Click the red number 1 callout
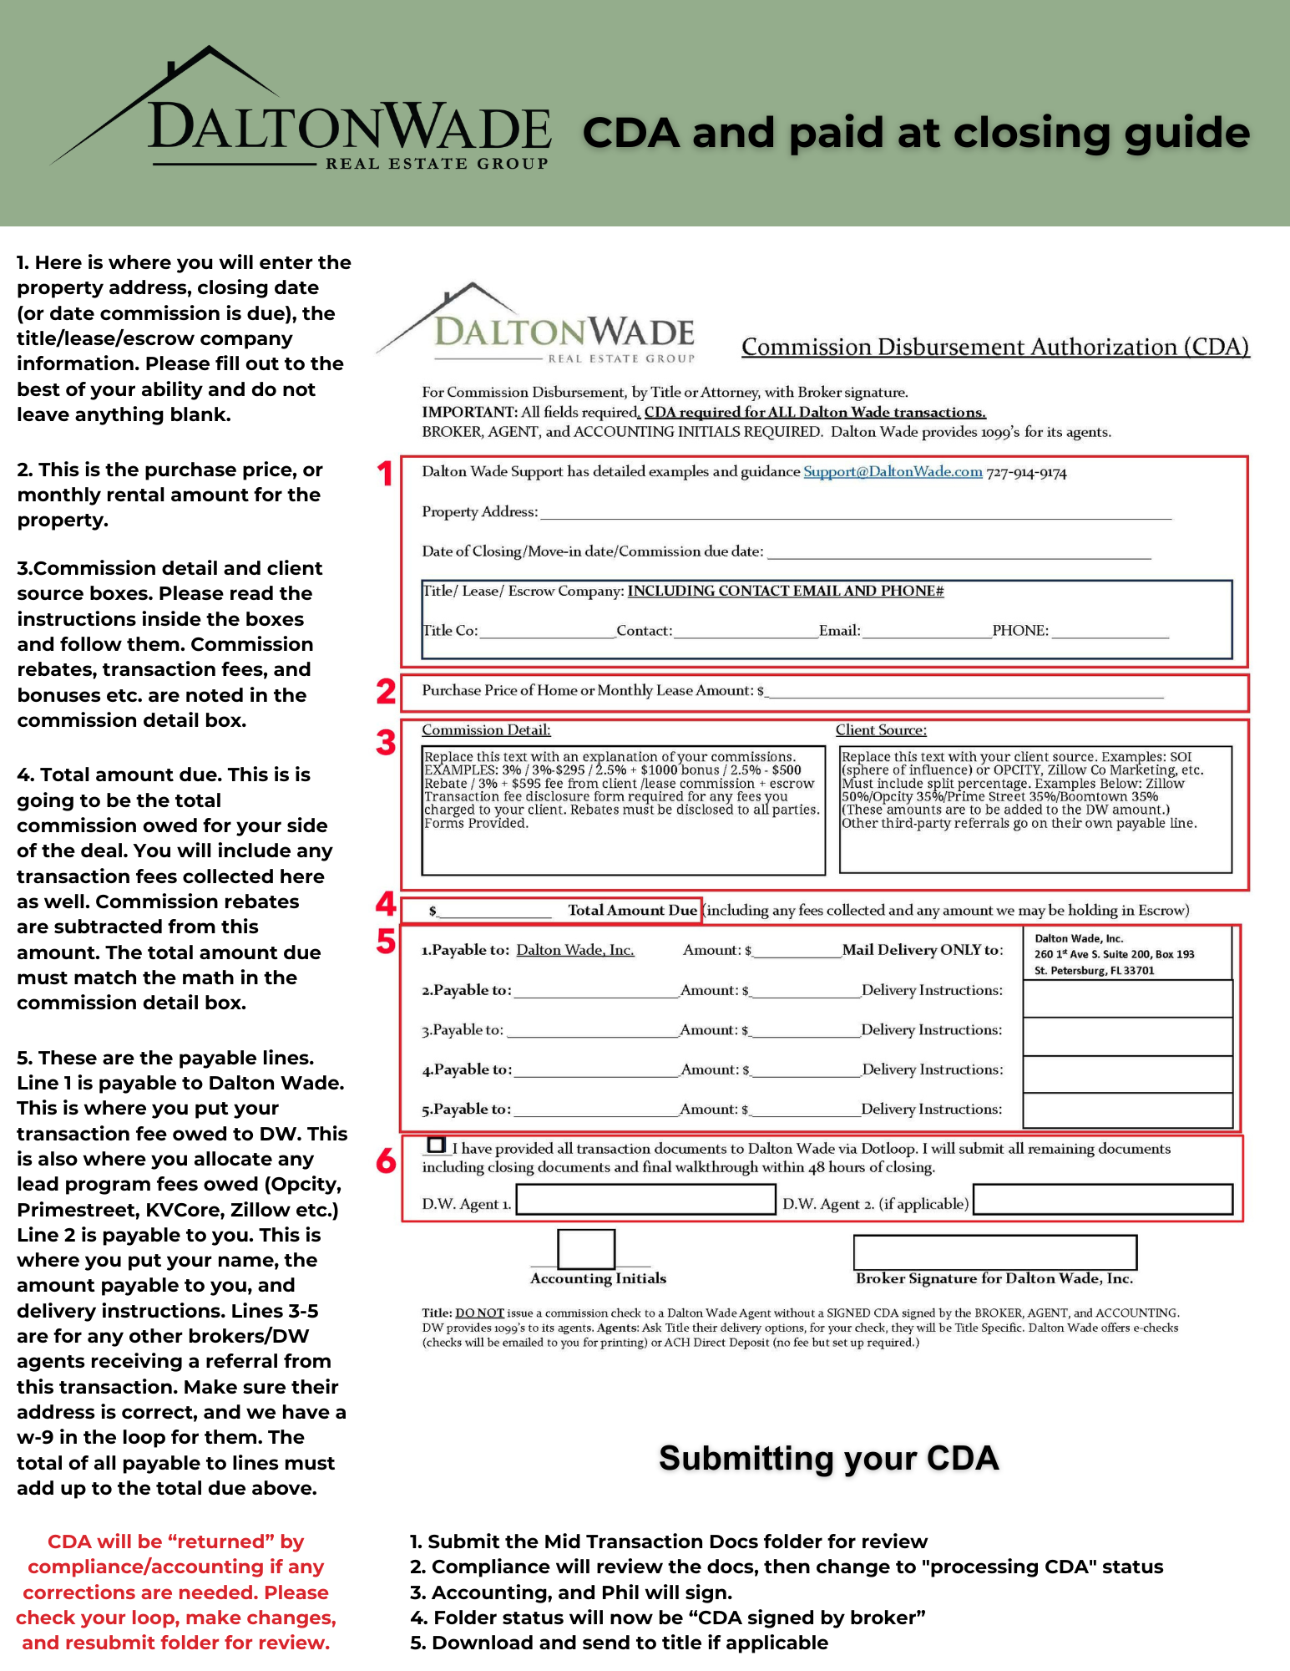tap(385, 474)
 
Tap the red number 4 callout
tap(385, 903)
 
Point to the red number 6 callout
tap(386, 1161)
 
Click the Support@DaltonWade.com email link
tap(893, 472)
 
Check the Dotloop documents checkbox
tap(436, 1145)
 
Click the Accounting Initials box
tap(586, 1249)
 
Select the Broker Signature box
tap(994, 1252)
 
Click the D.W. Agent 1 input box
tap(645, 1200)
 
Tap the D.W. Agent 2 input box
tap(1102, 1200)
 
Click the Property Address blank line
tap(855, 512)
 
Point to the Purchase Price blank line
tap(965, 691)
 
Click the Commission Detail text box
tap(623, 810)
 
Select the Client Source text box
tap(1035, 809)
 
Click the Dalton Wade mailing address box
tap(1126, 954)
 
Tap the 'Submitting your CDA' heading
tap(828, 1459)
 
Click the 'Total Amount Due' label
tap(632, 911)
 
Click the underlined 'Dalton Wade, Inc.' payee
tap(575, 950)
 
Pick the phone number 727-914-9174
tap(1026, 473)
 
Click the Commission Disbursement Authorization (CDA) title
tap(995, 347)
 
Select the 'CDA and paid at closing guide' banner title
tap(916, 134)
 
